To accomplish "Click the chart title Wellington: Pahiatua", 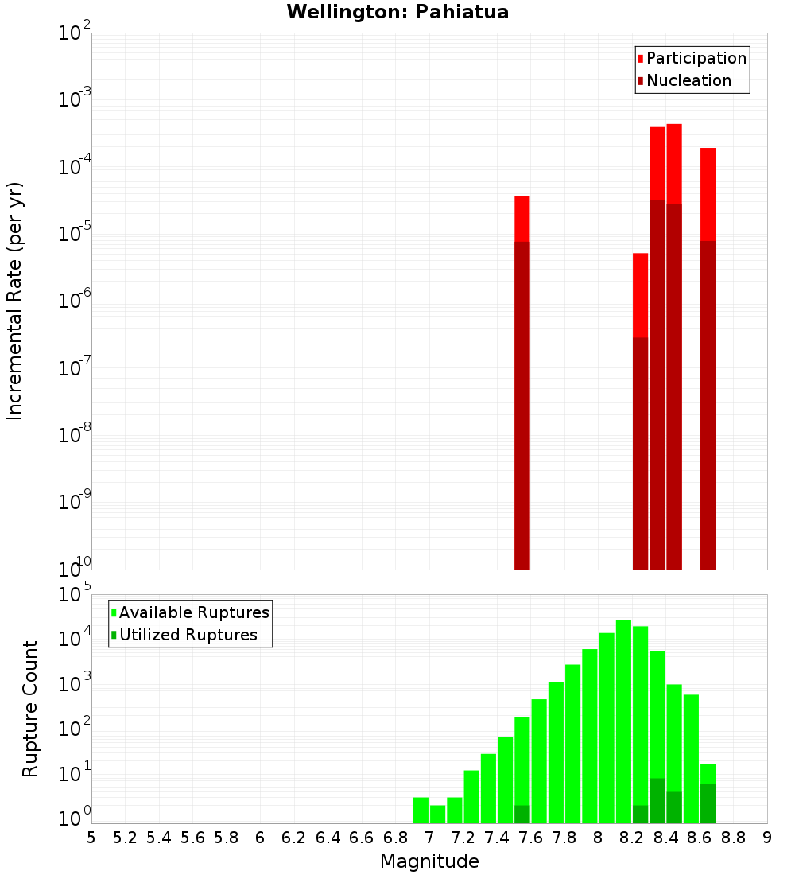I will tap(397, 12).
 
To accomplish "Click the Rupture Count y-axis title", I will tap(30, 709).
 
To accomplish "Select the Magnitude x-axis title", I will tap(429, 861).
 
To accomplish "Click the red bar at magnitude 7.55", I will tap(522, 219).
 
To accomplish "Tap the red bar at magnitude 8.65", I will tap(708, 194).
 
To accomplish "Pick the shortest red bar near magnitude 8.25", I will tap(641, 295).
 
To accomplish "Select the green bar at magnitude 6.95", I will tap(421, 810).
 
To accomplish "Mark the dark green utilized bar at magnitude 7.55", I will tap(522, 815).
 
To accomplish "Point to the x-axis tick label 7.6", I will tap(531, 837).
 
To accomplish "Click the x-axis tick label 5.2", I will tap(126, 837).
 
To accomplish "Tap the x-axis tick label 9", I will tap(767, 837).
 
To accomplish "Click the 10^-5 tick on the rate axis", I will tap(76, 234).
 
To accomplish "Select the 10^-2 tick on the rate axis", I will tap(76, 33).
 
